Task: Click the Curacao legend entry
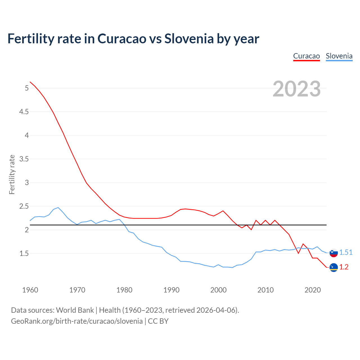point(306,56)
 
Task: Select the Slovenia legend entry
point(339,56)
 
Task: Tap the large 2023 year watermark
point(296,89)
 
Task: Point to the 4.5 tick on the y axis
point(24,112)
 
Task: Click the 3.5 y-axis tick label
point(24,159)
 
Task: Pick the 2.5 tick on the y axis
point(24,206)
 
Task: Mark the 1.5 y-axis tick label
point(24,254)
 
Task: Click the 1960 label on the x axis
point(30,290)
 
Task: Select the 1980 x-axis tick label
point(124,290)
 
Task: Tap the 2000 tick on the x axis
point(218,290)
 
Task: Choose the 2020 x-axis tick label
point(312,290)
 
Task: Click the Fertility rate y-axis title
point(12,174)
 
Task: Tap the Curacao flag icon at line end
point(334,267)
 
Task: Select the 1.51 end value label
point(346,253)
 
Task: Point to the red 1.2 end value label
point(344,267)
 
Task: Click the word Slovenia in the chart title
point(189,39)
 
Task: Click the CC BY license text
point(158,321)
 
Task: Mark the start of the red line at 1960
point(30,82)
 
